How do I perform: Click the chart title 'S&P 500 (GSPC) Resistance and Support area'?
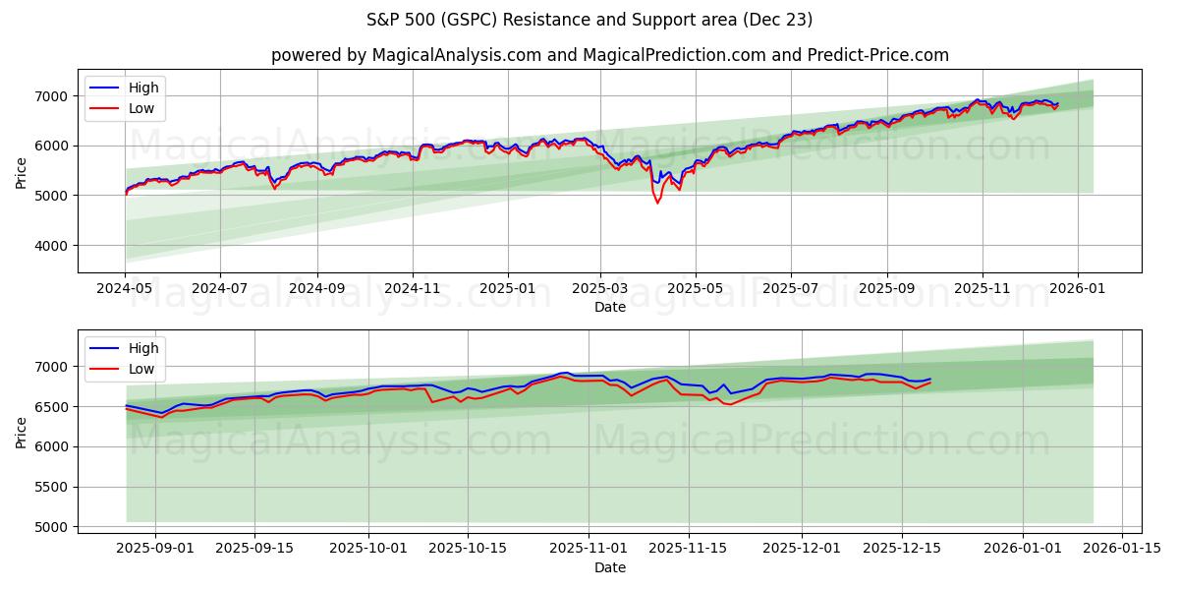pos(589,20)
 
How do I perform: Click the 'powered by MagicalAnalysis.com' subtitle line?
pos(609,55)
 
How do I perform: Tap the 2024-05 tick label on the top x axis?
pos(125,290)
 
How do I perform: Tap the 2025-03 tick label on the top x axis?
pos(599,290)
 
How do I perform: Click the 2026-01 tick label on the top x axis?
pos(1078,290)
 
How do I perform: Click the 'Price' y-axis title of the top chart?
pos(22,172)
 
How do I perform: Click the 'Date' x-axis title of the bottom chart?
pos(609,567)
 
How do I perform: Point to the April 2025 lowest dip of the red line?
pos(657,203)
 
